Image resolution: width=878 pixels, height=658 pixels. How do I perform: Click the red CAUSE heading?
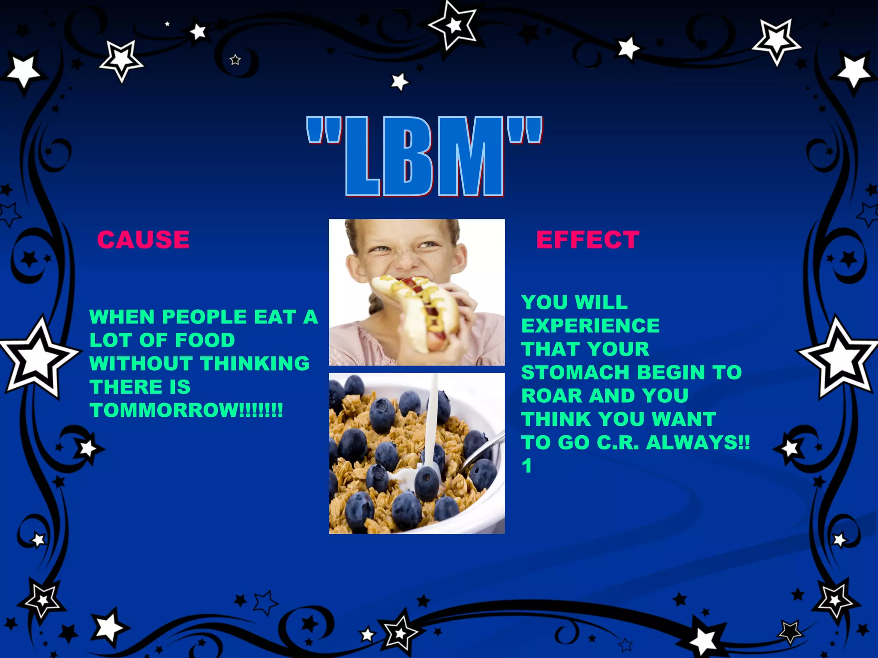pos(143,239)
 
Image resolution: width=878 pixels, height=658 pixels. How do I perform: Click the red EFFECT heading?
pos(587,239)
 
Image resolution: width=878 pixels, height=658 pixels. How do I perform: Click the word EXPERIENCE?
pos(590,326)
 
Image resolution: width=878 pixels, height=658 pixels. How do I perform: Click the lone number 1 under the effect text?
pos(527,466)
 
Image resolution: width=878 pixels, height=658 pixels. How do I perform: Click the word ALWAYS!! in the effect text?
pos(698,443)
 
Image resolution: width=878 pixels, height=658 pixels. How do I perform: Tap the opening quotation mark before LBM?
pos(324,131)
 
